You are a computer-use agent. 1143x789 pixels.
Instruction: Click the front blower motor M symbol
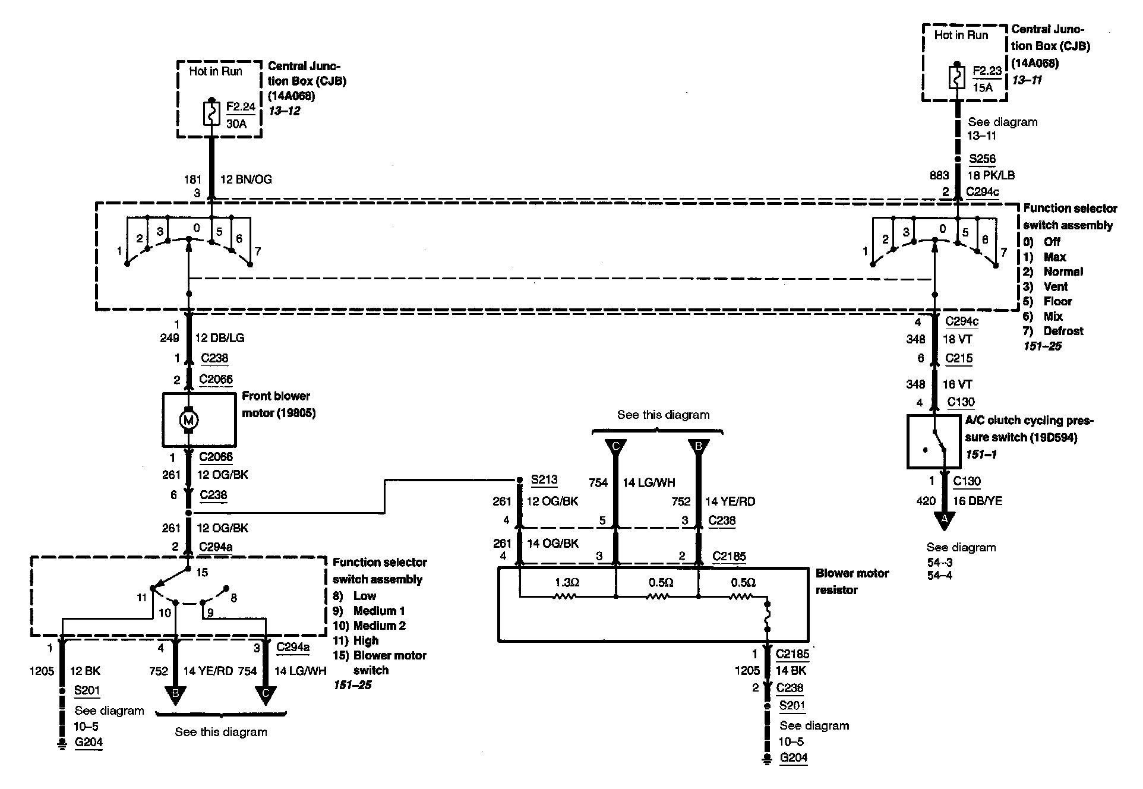[x=188, y=420]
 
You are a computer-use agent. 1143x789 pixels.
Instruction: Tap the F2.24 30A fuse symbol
[x=211, y=113]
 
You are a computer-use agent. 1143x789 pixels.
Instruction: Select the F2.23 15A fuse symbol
[x=956, y=77]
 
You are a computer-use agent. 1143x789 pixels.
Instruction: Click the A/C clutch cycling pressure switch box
[x=934, y=441]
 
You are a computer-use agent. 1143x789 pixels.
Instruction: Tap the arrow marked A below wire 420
[x=943, y=520]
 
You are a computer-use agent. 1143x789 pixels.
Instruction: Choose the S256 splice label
[x=982, y=159]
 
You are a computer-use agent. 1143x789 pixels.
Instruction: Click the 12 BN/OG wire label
[x=246, y=179]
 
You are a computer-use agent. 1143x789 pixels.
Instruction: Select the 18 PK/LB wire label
[x=991, y=175]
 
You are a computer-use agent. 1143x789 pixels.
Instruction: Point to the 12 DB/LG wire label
[x=220, y=338]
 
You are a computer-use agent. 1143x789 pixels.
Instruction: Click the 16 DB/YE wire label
[x=977, y=501]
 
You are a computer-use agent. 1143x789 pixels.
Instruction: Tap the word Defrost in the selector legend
[x=1063, y=331]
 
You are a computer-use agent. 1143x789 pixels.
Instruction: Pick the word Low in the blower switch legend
[x=365, y=596]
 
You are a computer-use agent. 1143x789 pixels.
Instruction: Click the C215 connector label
[x=959, y=358]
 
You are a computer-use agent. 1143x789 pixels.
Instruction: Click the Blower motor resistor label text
[x=852, y=582]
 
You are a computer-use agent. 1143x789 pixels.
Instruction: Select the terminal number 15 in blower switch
[x=202, y=572]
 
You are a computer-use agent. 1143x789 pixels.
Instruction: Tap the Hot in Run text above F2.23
[x=961, y=35]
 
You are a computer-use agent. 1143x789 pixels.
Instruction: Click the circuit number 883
[x=939, y=175]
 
